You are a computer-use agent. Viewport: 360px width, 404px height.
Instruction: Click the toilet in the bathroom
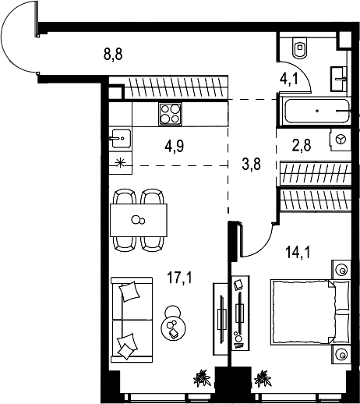click(301, 48)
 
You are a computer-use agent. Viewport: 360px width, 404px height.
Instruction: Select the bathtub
click(318, 112)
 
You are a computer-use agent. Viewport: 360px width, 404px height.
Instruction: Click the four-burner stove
click(170, 114)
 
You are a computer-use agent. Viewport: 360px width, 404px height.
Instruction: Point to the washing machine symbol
click(341, 139)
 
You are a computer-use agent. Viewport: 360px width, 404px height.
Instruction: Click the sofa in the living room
click(129, 320)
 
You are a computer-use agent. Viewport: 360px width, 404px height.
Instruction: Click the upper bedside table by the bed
click(341, 269)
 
